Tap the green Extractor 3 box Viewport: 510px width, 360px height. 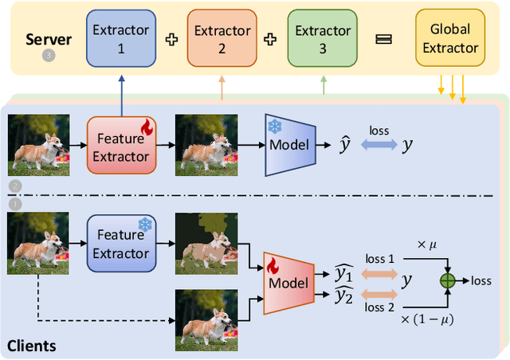tap(323, 39)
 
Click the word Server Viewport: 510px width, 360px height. tap(49, 39)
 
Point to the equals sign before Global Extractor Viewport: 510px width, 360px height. tap(383, 39)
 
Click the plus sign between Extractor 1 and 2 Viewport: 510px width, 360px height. tap(171, 39)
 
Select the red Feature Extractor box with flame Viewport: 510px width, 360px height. tap(120, 144)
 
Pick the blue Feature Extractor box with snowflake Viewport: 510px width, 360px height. tap(120, 244)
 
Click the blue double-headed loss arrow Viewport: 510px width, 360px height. tap(379, 145)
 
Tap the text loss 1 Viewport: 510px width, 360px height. tap(379, 258)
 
